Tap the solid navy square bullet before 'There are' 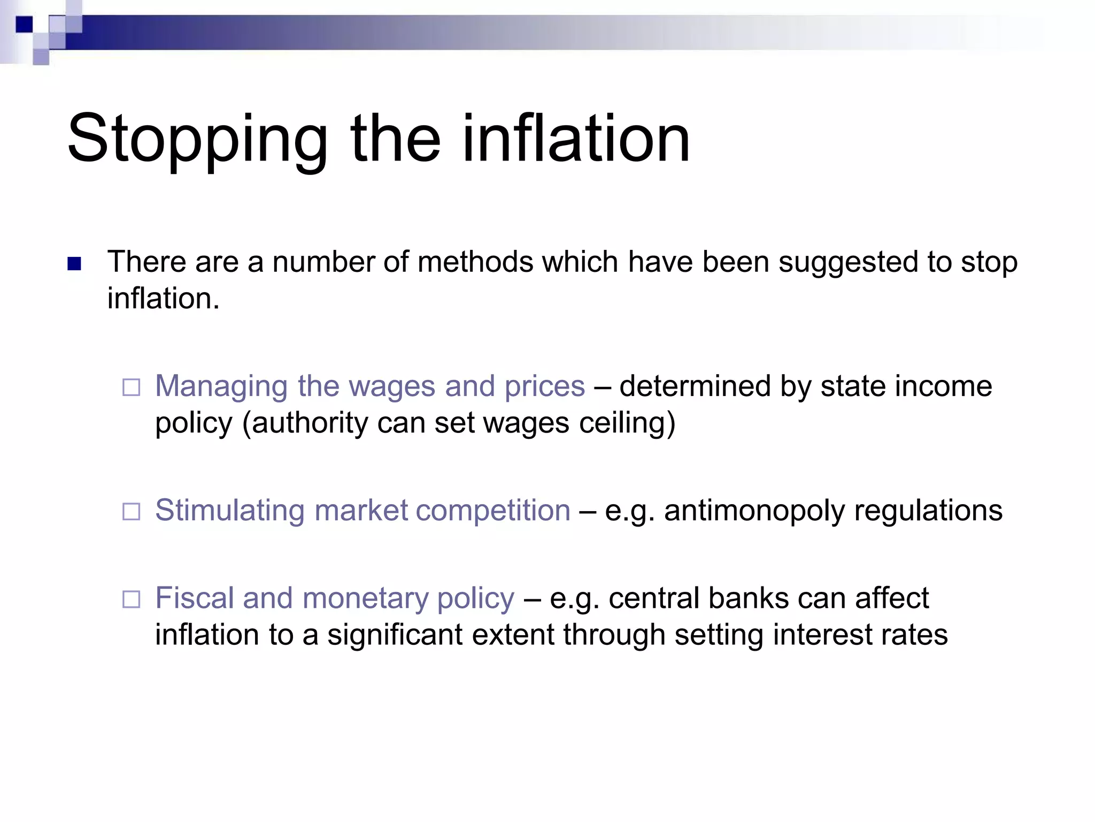[x=74, y=264]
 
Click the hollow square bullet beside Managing [x=131, y=387]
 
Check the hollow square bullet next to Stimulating [x=131, y=512]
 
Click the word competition [x=493, y=511]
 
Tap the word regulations [x=928, y=511]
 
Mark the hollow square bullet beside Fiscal [x=131, y=599]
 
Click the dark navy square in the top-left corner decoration [x=24, y=25]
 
